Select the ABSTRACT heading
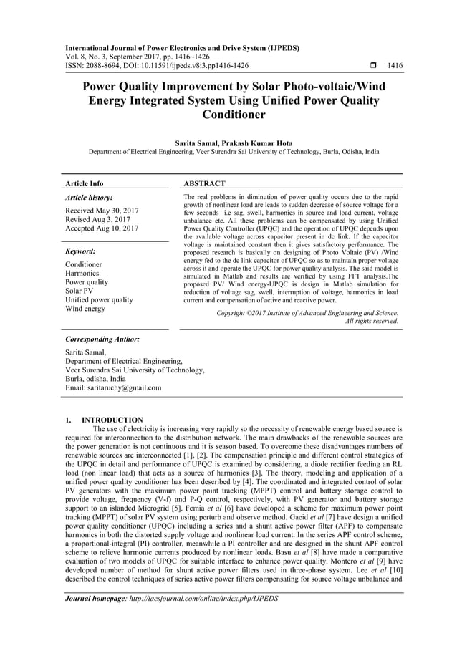205,184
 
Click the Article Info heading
84,184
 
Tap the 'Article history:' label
89,197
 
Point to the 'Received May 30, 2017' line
102,211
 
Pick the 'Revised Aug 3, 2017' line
97,219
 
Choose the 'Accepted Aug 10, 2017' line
102,228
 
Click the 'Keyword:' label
80,251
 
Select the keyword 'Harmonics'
82,274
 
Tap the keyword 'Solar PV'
80,291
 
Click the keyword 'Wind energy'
85,309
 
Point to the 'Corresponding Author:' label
102,339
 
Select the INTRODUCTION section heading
112,420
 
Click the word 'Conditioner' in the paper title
234,114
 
